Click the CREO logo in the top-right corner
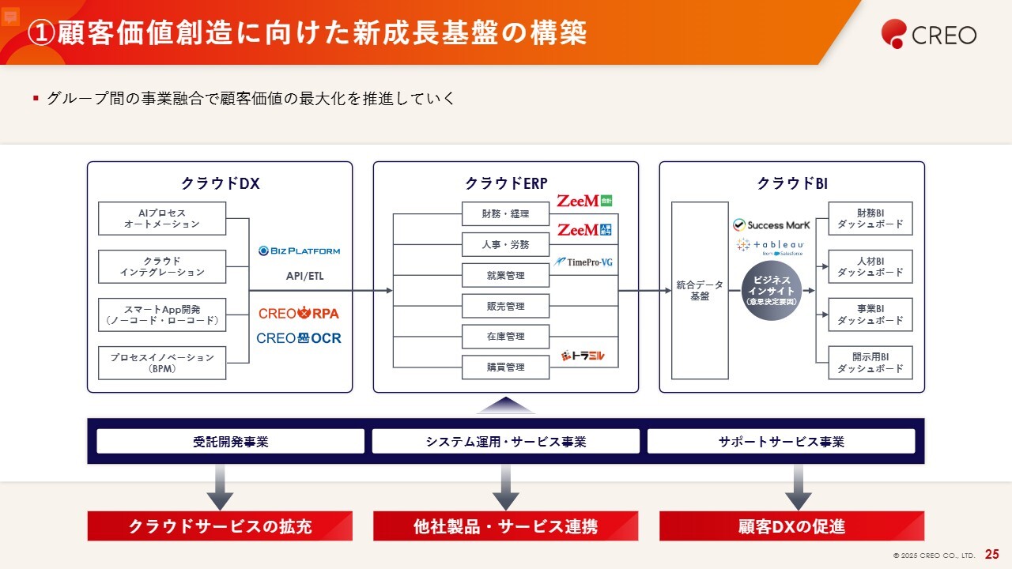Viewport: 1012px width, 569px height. (x=929, y=34)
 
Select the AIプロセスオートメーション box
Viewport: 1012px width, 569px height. (x=162, y=218)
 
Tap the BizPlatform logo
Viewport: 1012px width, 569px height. (x=299, y=251)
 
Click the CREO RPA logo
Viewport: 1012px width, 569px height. (x=299, y=313)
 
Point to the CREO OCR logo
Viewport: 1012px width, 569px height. (x=299, y=338)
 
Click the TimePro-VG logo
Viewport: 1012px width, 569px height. (x=584, y=262)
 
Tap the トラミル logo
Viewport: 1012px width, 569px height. (x=583, y=356)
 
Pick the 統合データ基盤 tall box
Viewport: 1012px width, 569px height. (x=700, y=290)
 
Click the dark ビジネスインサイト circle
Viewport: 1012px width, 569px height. (x=771, y=291)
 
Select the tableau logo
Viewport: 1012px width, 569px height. (x=770, y=246)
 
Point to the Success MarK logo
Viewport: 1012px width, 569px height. (x=771, y=225)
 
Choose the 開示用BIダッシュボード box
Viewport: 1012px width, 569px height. (x=870, y=363)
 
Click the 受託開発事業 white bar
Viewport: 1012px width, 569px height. (x=230, y=441)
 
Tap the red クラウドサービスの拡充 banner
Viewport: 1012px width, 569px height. (x=220, y=526)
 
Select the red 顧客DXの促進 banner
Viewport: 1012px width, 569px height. (x=791, y=526)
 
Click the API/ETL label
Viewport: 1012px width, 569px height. (x=304, y=277)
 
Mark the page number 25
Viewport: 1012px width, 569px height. (x=991, y=555)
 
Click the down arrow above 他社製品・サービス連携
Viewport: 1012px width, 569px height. (x=505, y=488)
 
